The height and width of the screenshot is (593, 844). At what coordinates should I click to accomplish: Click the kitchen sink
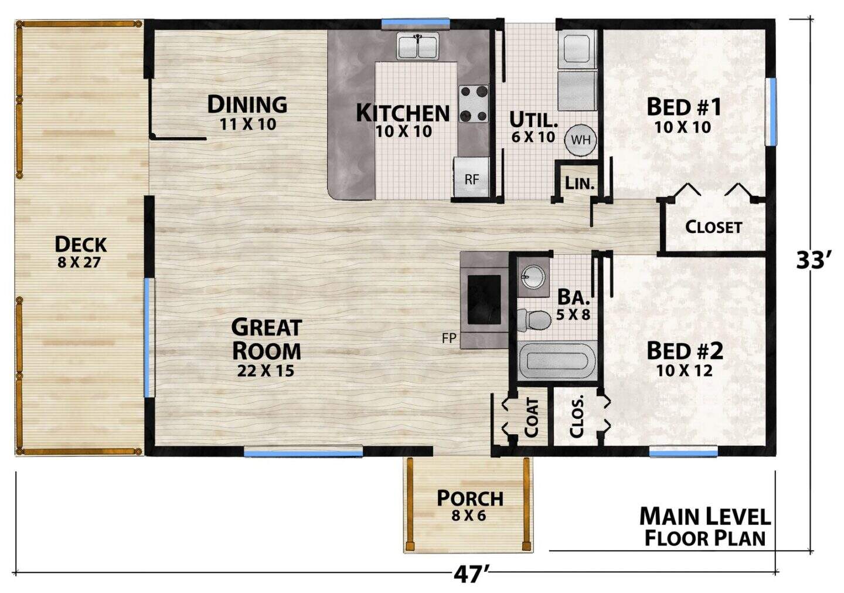click(417, 46)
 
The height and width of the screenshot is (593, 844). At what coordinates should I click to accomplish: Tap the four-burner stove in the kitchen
click(473, 103)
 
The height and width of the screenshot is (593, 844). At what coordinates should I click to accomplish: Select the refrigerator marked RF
click(471, 177)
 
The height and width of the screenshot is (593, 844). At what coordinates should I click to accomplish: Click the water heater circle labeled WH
click(580, 140)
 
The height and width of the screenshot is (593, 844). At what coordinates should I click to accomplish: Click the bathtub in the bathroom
click(557, 360)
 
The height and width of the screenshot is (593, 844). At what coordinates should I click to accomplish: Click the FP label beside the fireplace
click(449, 338)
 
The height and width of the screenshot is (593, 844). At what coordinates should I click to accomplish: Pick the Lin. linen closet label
click(580, 183)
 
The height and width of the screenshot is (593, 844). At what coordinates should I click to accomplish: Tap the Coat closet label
click(531, 417)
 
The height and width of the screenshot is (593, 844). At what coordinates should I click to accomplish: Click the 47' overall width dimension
click(471, 575)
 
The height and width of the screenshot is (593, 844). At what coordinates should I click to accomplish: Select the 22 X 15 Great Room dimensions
click(266, 371)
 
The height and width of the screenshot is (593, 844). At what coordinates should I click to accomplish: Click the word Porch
click(470, 499)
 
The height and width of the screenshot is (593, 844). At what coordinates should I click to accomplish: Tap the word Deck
click(81, 244)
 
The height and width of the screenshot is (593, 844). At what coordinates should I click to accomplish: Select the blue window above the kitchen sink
click(416, 23)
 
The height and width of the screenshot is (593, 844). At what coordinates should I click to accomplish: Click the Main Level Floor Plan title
click(705, 527)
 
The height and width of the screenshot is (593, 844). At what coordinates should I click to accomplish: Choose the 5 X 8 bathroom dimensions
click(573, 314)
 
